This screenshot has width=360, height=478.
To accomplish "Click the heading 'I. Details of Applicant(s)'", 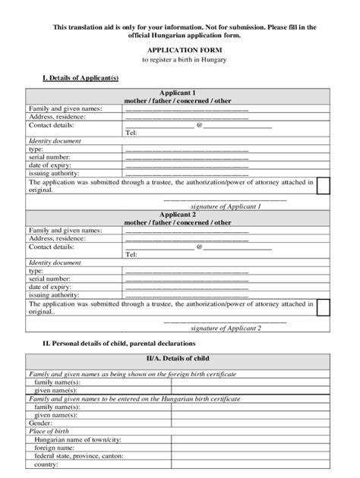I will (x=80, y=78).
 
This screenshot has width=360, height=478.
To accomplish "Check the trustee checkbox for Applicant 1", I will (x=323, y=186).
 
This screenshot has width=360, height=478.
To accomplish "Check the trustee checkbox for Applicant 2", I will (x=323, y=307).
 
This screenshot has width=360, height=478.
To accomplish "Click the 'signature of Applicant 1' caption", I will (x=226, y=206).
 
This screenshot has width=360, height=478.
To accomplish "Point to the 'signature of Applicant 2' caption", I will (x=226, y=328).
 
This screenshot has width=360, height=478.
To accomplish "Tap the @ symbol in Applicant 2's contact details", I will (x=199, y=247).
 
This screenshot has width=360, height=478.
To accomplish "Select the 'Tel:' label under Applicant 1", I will (x=131, y=133).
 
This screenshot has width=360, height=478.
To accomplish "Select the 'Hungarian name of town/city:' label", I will (x=77, y=440).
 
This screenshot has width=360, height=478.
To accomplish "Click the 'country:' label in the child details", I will (x=47, y=464).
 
